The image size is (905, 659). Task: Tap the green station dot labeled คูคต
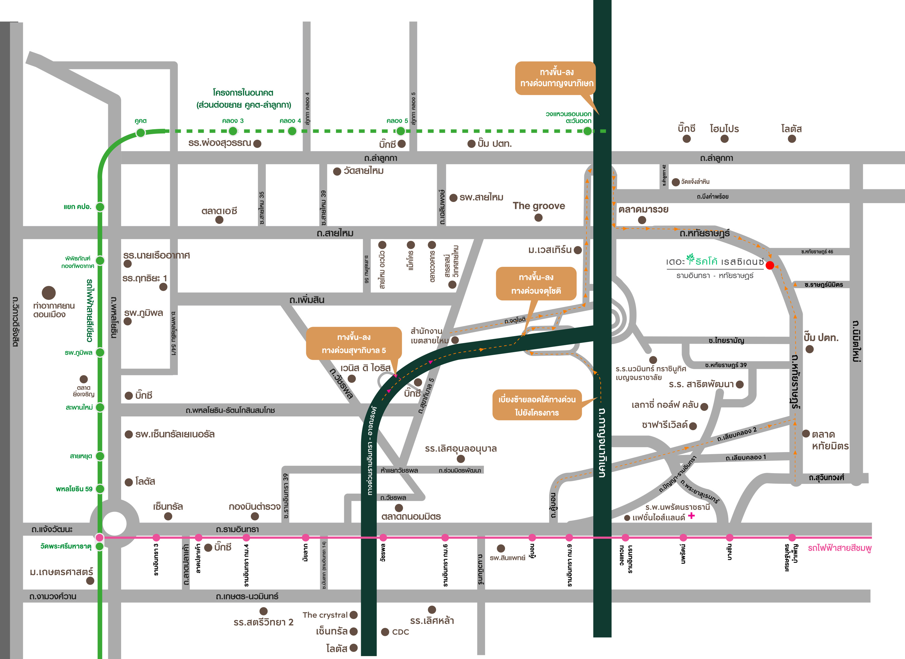point(140,132)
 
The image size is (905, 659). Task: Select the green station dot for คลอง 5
point(400,131)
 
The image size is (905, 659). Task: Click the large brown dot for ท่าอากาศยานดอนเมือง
point(49,293)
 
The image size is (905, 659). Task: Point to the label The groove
point(539,206)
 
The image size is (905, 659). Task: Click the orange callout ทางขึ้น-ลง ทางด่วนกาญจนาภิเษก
point(556,78)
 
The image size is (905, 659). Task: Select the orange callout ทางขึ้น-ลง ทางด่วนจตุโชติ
point(536,284)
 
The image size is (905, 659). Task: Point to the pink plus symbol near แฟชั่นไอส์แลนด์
point(691,516)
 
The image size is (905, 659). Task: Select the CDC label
point(400,632)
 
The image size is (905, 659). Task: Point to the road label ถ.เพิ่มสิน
point(306,300)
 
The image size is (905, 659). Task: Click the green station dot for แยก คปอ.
point(100,207)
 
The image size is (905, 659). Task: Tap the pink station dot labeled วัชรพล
point(383,537)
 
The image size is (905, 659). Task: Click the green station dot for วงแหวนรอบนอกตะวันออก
point(587,131)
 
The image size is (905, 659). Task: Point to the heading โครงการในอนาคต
point(243,93)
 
